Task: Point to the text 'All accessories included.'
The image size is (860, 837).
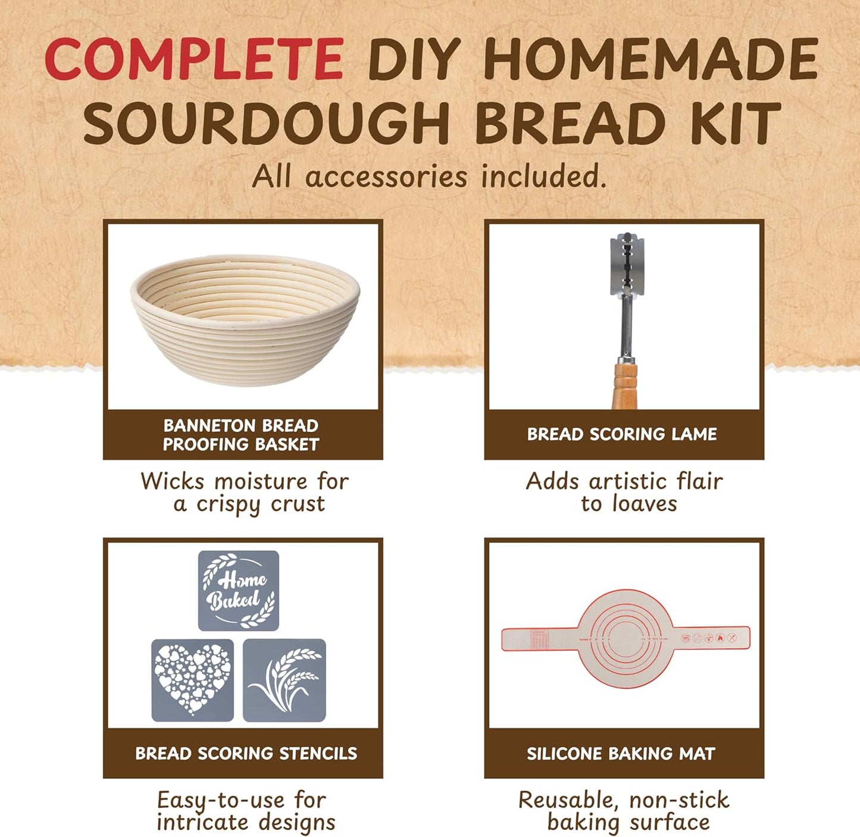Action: (x=429, y=177)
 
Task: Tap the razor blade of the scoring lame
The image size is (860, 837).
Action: (x=627, y=264)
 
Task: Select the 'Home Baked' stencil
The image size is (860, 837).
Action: (x=238, y=590)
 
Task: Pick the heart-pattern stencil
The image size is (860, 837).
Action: (x=192, y=680)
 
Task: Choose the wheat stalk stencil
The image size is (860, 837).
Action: (x=284, y=680)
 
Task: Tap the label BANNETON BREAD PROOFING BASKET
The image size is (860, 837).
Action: (x=242, y=435)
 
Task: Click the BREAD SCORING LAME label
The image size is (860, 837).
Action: (x=623, y=434)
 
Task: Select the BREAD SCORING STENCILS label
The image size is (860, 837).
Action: (x=246, y=753)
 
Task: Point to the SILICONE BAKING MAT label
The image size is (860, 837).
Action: (x=621, y=754)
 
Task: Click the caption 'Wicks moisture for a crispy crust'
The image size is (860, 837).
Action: (x=245, y=492)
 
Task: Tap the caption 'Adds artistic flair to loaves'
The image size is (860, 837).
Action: (x=625, y=492)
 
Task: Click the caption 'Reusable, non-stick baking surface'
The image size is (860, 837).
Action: (x=624, y=811)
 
